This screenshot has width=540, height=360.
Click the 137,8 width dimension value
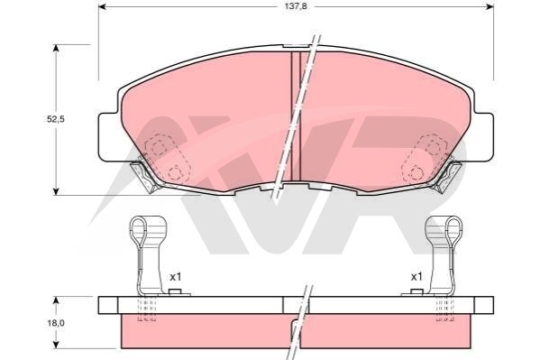point(296,6)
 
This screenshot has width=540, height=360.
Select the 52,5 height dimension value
point(56,119)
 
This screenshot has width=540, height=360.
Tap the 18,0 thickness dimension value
point(56,323)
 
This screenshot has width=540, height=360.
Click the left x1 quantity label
point(175,277)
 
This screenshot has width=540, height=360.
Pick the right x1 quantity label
point(416,277)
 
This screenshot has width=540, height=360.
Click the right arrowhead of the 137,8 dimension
point(490,6)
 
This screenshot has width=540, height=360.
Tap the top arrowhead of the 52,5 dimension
point(56,49)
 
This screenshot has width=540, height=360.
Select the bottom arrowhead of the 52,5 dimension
point(56,191)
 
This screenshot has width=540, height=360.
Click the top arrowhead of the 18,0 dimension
point(56,300)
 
